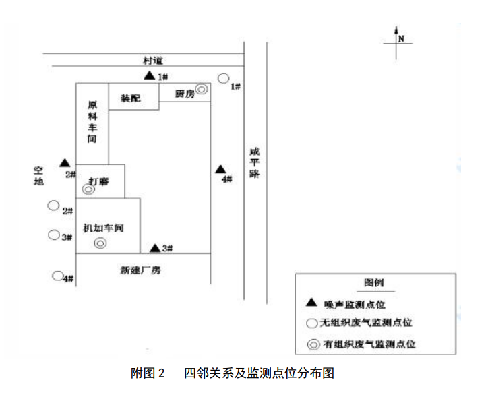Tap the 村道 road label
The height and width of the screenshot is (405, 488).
[154, 60]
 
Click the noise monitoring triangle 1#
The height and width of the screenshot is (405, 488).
[149, 76]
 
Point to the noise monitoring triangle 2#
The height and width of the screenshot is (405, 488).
[64, 163]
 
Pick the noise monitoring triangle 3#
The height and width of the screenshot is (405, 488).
[154, 247]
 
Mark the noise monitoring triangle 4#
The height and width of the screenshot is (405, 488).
[219, 169]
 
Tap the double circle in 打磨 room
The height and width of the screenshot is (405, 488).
[88, 190]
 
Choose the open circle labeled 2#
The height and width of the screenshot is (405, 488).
[53, 206]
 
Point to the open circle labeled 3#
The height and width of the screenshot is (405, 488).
[53, 235]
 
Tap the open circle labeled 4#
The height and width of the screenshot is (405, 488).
[58, 276]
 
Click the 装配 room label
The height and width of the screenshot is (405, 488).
[131, 98]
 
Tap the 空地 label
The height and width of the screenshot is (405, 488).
[39, 175]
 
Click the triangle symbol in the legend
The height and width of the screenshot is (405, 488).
[311, 303]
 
